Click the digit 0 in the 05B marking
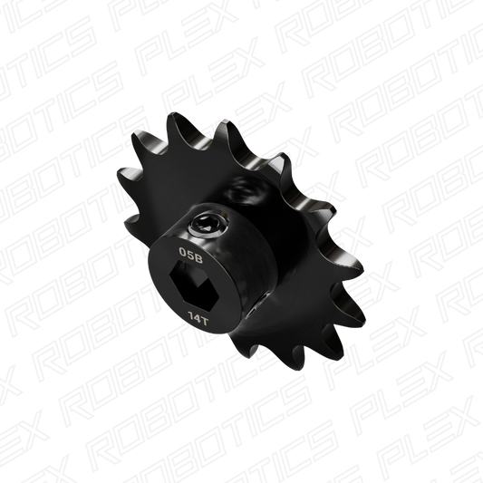click(x=183, y=252)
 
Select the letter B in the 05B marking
click(x=198, y=259)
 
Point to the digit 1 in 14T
click(x=190, y=315)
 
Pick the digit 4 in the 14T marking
click(x=197, y=318)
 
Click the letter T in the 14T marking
click(x=204, y=322)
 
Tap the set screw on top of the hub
click(x=209, y=224)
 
